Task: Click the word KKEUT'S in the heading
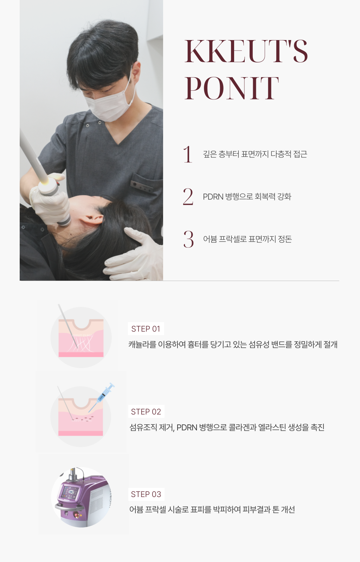pos(246,51)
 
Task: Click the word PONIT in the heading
pos(232,88)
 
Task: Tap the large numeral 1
pos(188,154)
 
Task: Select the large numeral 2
pos(188,197)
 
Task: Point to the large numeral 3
pos(188,239)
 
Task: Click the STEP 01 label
pos(146,329)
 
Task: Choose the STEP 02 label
pos(146,412)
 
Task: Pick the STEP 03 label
pos(146,494)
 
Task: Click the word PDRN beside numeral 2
pos(213,197)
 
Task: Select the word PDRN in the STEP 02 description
pos(187,427)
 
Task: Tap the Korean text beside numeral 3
pos(247,239)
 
